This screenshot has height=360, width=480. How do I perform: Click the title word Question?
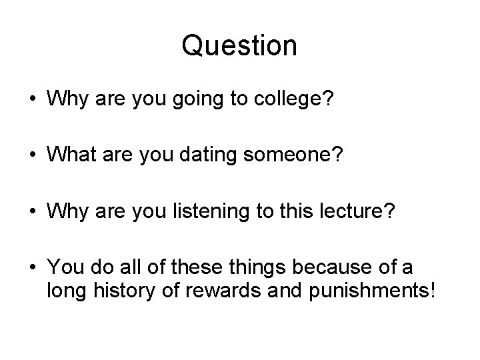pyautogui.click(x=239, y=45)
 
